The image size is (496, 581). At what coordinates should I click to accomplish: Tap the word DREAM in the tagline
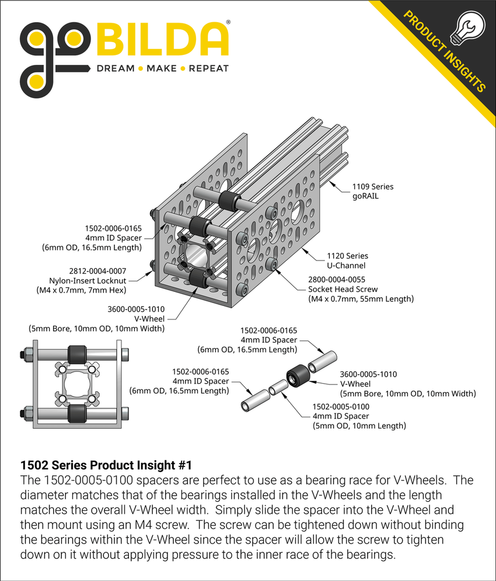point(115,68)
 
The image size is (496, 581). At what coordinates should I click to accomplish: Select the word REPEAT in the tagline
point(208,68)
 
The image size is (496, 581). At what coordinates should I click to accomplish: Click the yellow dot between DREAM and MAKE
point(140,69)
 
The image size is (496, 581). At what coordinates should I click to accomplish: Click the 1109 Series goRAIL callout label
point(372,192)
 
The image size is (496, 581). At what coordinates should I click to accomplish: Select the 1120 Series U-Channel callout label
point(347,260)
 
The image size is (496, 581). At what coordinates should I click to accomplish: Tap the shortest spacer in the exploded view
point(278,387)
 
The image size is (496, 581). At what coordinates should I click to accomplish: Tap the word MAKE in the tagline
point(162,68)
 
